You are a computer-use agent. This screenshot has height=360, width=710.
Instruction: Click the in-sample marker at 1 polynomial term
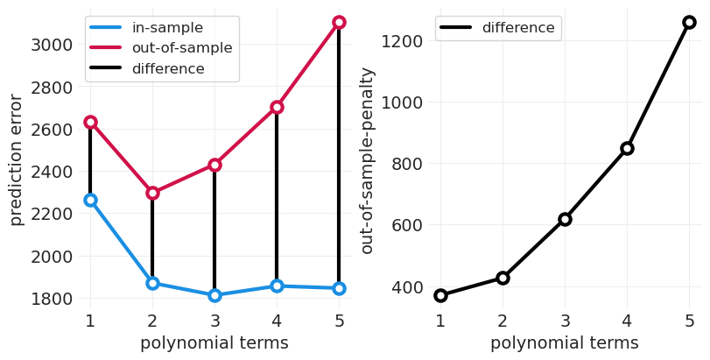click(90, 200)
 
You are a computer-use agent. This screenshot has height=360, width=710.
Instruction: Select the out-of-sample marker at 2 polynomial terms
click(152, 193)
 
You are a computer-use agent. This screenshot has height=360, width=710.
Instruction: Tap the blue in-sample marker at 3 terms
click(214, 295)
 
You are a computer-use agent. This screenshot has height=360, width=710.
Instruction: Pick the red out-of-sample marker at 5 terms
click(339, 22)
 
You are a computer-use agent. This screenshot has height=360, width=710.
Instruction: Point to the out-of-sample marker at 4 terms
click(277, 107)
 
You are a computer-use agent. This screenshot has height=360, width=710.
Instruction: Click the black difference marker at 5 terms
click(689, 22)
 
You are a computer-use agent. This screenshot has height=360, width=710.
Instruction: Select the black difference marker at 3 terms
click(565, 219)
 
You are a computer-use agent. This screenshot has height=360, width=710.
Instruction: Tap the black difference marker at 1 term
click(440, 295)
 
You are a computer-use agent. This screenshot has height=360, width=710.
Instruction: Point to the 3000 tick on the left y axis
click(52, 45)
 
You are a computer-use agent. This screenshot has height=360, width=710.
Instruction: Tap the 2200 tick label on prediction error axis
click(52, 214)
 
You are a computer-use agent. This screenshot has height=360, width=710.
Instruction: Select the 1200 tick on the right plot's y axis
click(404, 41)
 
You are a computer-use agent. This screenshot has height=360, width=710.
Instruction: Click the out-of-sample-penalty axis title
click(368, 160)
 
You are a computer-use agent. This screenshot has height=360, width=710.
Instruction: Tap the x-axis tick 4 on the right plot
click(627, 321)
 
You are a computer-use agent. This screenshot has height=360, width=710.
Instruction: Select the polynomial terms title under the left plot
click(214, 343)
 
